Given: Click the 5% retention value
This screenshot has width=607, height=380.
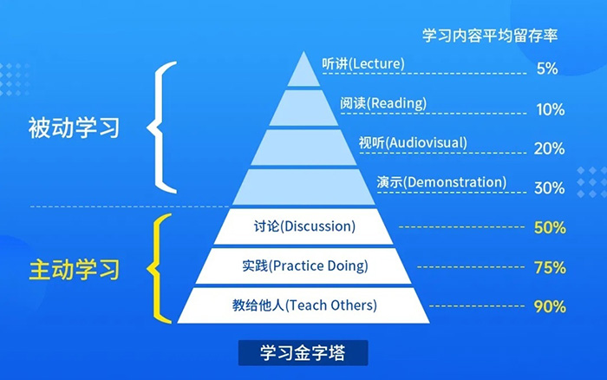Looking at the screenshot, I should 546,69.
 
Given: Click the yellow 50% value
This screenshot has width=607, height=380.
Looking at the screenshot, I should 550,227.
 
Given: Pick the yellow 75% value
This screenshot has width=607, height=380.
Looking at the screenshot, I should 550,267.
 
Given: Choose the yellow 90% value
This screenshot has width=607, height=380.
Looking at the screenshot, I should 550,306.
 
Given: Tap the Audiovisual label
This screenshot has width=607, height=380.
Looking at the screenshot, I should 413,142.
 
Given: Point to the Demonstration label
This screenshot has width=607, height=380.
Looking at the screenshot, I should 441,182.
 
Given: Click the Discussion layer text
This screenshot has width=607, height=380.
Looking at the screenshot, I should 305,227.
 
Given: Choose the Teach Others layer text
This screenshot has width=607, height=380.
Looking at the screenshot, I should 304,305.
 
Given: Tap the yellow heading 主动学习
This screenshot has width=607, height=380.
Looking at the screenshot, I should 71,268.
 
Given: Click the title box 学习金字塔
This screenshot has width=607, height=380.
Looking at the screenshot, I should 303,353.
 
